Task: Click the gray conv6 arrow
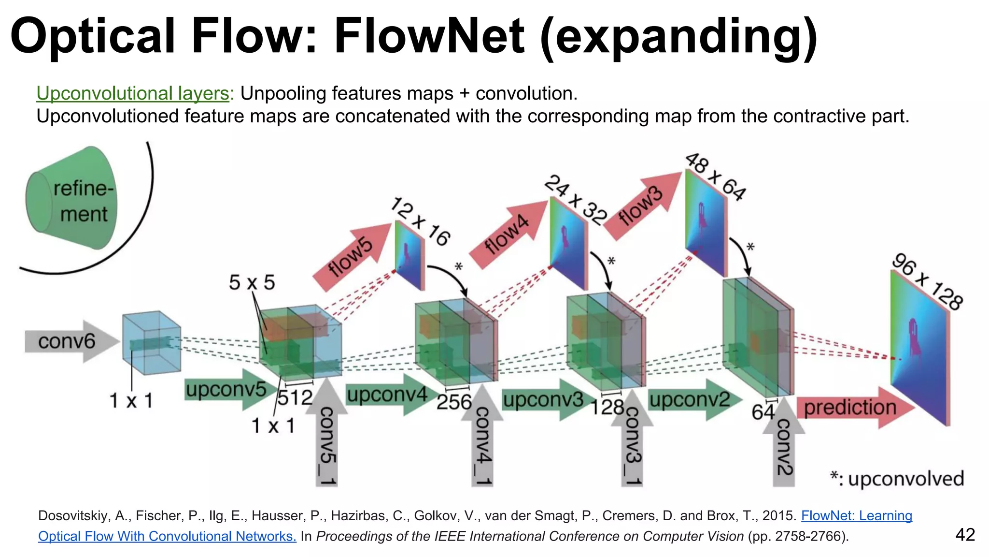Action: [x=70, y=341]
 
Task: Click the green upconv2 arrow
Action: [x=693, y=400]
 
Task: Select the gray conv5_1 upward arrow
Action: [x=327, y=435]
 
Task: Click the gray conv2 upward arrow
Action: [x=783, y=445]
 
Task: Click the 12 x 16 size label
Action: [x=421, y=221]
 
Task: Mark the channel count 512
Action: [x=295, y=398]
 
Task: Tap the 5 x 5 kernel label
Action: [x=252, y=282]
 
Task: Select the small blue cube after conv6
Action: [x=151, y=343]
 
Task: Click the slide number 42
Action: [x=965, y=535]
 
